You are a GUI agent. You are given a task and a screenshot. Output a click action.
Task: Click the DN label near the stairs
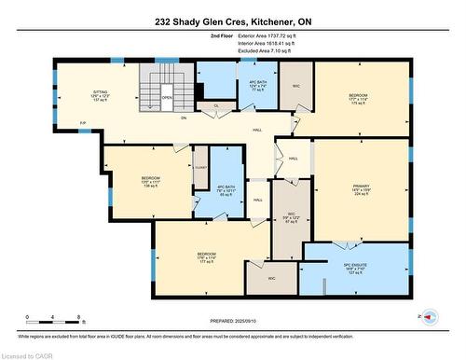(184, 118)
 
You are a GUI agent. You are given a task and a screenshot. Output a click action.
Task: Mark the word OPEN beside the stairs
(167, 96)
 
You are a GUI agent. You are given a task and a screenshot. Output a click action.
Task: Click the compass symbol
(430, 317)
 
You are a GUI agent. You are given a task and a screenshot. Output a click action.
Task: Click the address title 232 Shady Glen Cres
(232, 21)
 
